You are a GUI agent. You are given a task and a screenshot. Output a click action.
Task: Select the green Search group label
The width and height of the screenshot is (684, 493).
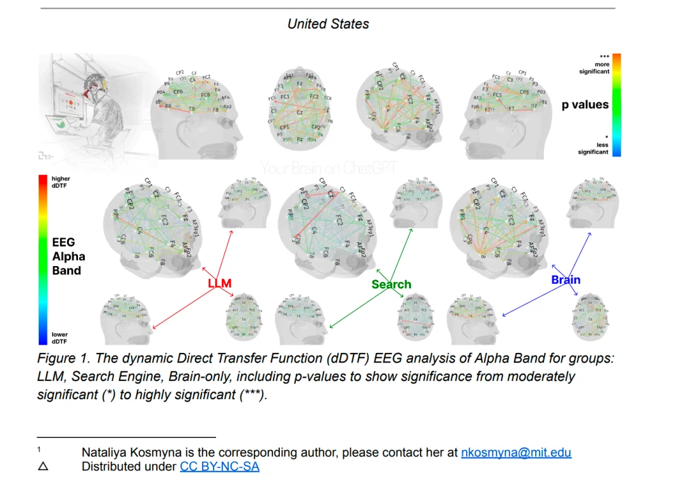391,285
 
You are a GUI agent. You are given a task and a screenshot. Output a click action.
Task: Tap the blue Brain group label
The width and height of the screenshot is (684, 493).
565,279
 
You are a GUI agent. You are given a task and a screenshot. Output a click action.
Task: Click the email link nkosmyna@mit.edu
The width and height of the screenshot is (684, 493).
516,452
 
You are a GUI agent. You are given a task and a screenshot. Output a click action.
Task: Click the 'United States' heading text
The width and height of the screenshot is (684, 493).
327,24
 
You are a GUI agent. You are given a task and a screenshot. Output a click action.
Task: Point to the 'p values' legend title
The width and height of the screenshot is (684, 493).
585,105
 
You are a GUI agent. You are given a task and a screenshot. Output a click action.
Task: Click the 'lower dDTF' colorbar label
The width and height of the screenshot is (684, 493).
60,338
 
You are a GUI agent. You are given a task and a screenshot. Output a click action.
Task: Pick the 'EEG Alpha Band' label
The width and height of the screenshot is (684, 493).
68,256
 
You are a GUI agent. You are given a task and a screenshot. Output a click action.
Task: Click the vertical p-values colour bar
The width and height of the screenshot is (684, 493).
616,105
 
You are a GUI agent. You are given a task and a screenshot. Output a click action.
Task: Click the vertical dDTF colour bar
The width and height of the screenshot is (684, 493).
42,260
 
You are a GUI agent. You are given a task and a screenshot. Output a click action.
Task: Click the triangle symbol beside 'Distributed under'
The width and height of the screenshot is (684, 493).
43,467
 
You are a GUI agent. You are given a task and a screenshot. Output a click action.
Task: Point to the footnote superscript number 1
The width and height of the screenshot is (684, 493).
39,449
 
